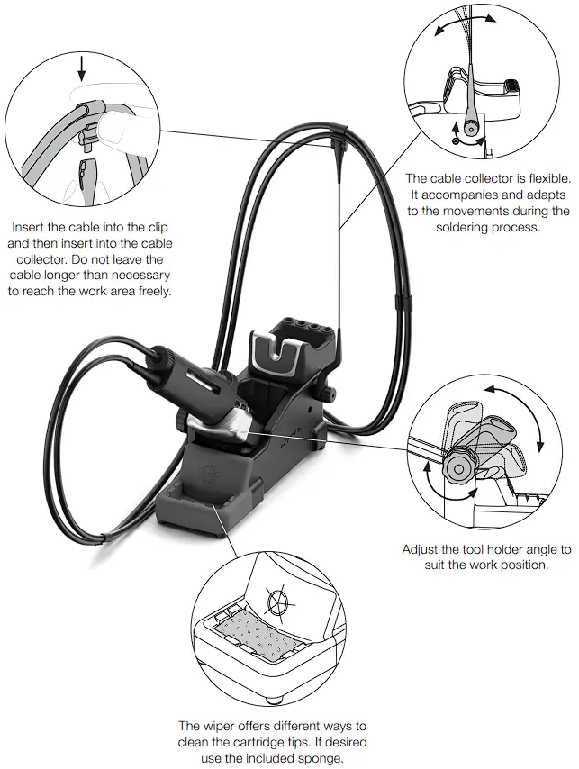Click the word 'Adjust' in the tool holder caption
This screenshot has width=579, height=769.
point(422,549)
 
